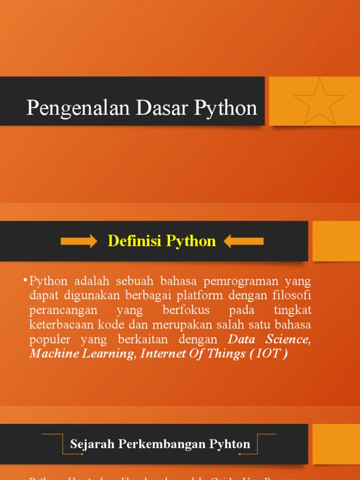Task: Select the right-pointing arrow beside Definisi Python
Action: click(x=78, y=241)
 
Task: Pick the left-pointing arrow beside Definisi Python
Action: click(x=244, y=241)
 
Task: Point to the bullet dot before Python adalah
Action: click(x=24, y=280)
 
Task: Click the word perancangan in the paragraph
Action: click(x=63, y=310)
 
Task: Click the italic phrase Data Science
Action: click(x=269, y=339)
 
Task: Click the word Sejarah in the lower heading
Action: click(x=92, y=444)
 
